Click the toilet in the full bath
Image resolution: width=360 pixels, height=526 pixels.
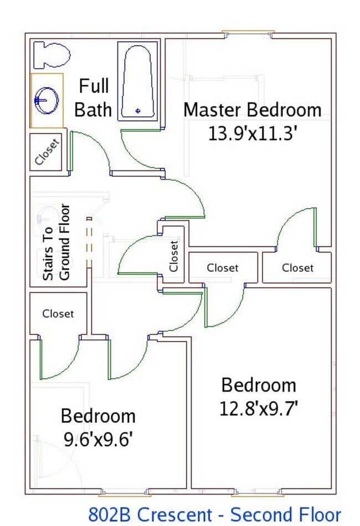click(x=52, y=55)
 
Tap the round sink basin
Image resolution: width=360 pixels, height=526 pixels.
click(x=47, y=100)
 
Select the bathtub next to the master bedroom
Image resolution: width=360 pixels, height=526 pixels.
click(x=138, y=82)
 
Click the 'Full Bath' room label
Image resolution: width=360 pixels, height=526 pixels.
click(x=93, y=97)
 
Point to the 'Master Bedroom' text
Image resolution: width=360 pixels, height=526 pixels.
click(x=252, y=110)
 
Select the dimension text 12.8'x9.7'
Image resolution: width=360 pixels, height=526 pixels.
click(x=259, y=409)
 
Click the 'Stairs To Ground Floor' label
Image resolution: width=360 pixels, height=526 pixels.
click(x=56, y=242)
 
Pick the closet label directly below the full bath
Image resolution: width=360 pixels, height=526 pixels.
click(x=47, y=152)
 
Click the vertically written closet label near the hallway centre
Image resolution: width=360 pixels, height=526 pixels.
click(x=174, y=255)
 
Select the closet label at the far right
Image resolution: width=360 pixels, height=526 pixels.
click(x=297, y=268)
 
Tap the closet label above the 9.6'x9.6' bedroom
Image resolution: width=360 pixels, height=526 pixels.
click(x=58, y=313)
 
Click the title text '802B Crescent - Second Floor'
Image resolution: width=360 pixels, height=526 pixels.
click(x=214, y=514)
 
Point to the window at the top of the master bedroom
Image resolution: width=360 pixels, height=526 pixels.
click(x=246, y=33)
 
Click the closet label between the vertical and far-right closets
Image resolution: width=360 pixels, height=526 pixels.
click(x=223, y=268)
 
